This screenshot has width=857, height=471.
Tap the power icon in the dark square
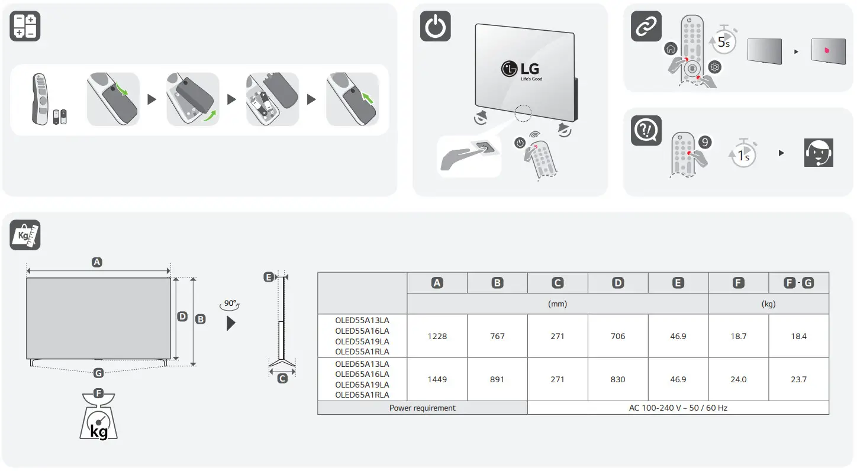[x=435, y=27]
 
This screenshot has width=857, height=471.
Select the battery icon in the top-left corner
[x=25, y=27]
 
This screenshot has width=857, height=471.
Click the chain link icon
[x=646, y=27]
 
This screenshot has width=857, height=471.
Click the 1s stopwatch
[x=743, y=154]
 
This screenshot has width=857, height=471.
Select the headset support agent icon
[x=819, y=153]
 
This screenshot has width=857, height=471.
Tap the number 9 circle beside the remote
[x=704, y=142]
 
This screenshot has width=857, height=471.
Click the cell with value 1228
[x=437, y=336]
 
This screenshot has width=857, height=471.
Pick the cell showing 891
[x=497, y=379]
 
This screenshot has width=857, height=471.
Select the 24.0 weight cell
[x=738, y=379]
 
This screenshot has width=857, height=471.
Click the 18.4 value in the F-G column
[x=798, y=336]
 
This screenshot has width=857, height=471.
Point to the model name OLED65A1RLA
[x=362, y=395]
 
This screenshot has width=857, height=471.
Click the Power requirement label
[x=422, y=408]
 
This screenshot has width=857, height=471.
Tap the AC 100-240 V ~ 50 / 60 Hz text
[x=678, y=408]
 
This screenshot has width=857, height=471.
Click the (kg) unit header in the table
[x=768, y=304]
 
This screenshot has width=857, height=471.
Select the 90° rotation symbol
[x=230, y=304]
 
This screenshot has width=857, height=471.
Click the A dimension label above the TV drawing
[x=97, y=262]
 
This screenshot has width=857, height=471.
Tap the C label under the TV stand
[x=282, y=378]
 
